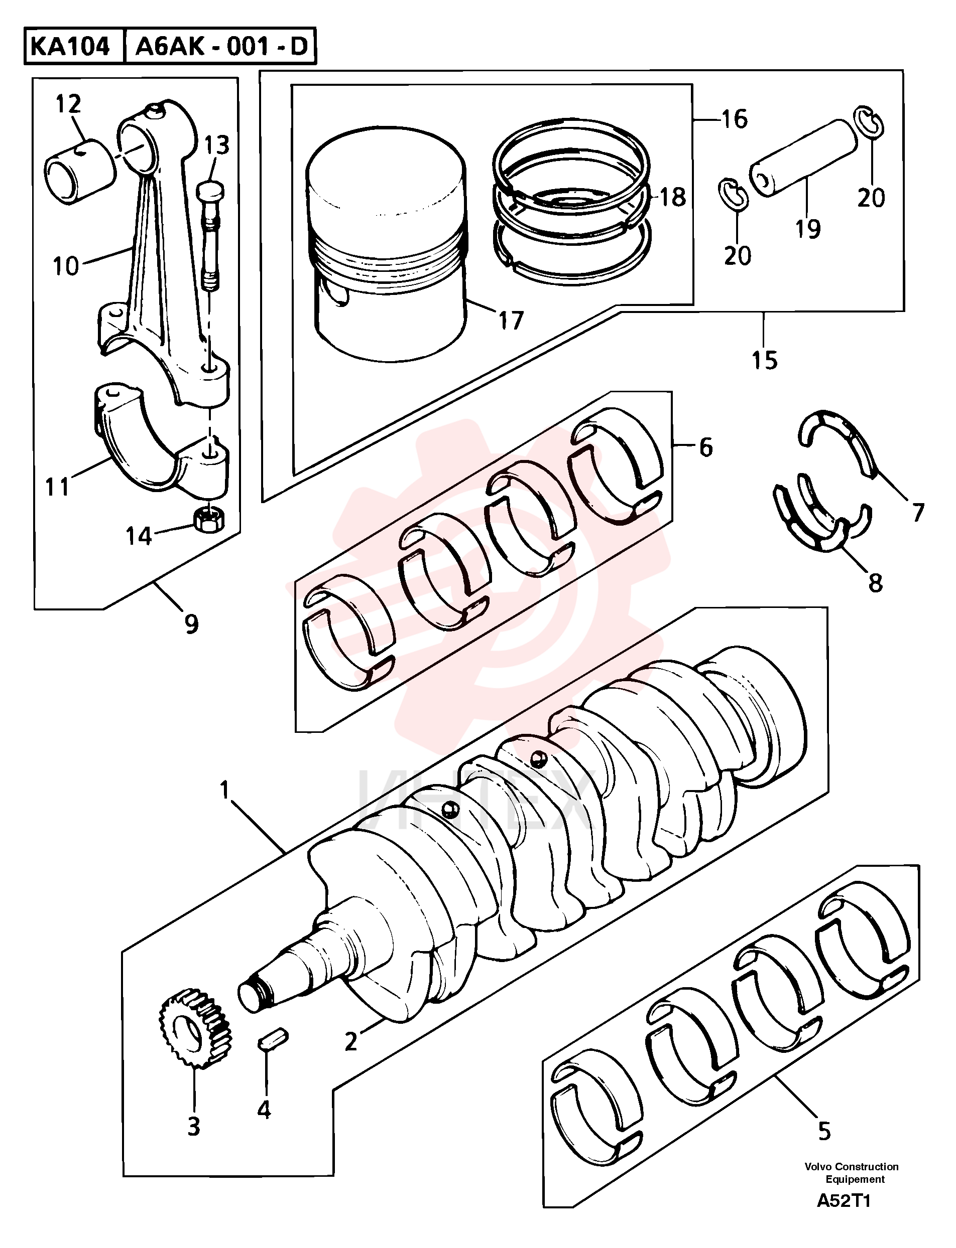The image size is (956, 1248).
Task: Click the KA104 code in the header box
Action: click(x=69, y=47)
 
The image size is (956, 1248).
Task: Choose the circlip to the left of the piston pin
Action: click(x=733, y=194)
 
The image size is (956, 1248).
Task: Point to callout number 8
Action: click(x=875, y=583)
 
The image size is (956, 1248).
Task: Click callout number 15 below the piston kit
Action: click(x=764, y=359)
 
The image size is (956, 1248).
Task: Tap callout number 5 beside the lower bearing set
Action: click(x=824, y=1131)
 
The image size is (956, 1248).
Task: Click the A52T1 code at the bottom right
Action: click(x=844, y=1217)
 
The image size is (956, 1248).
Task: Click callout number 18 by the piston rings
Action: click(x=673, y=197)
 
